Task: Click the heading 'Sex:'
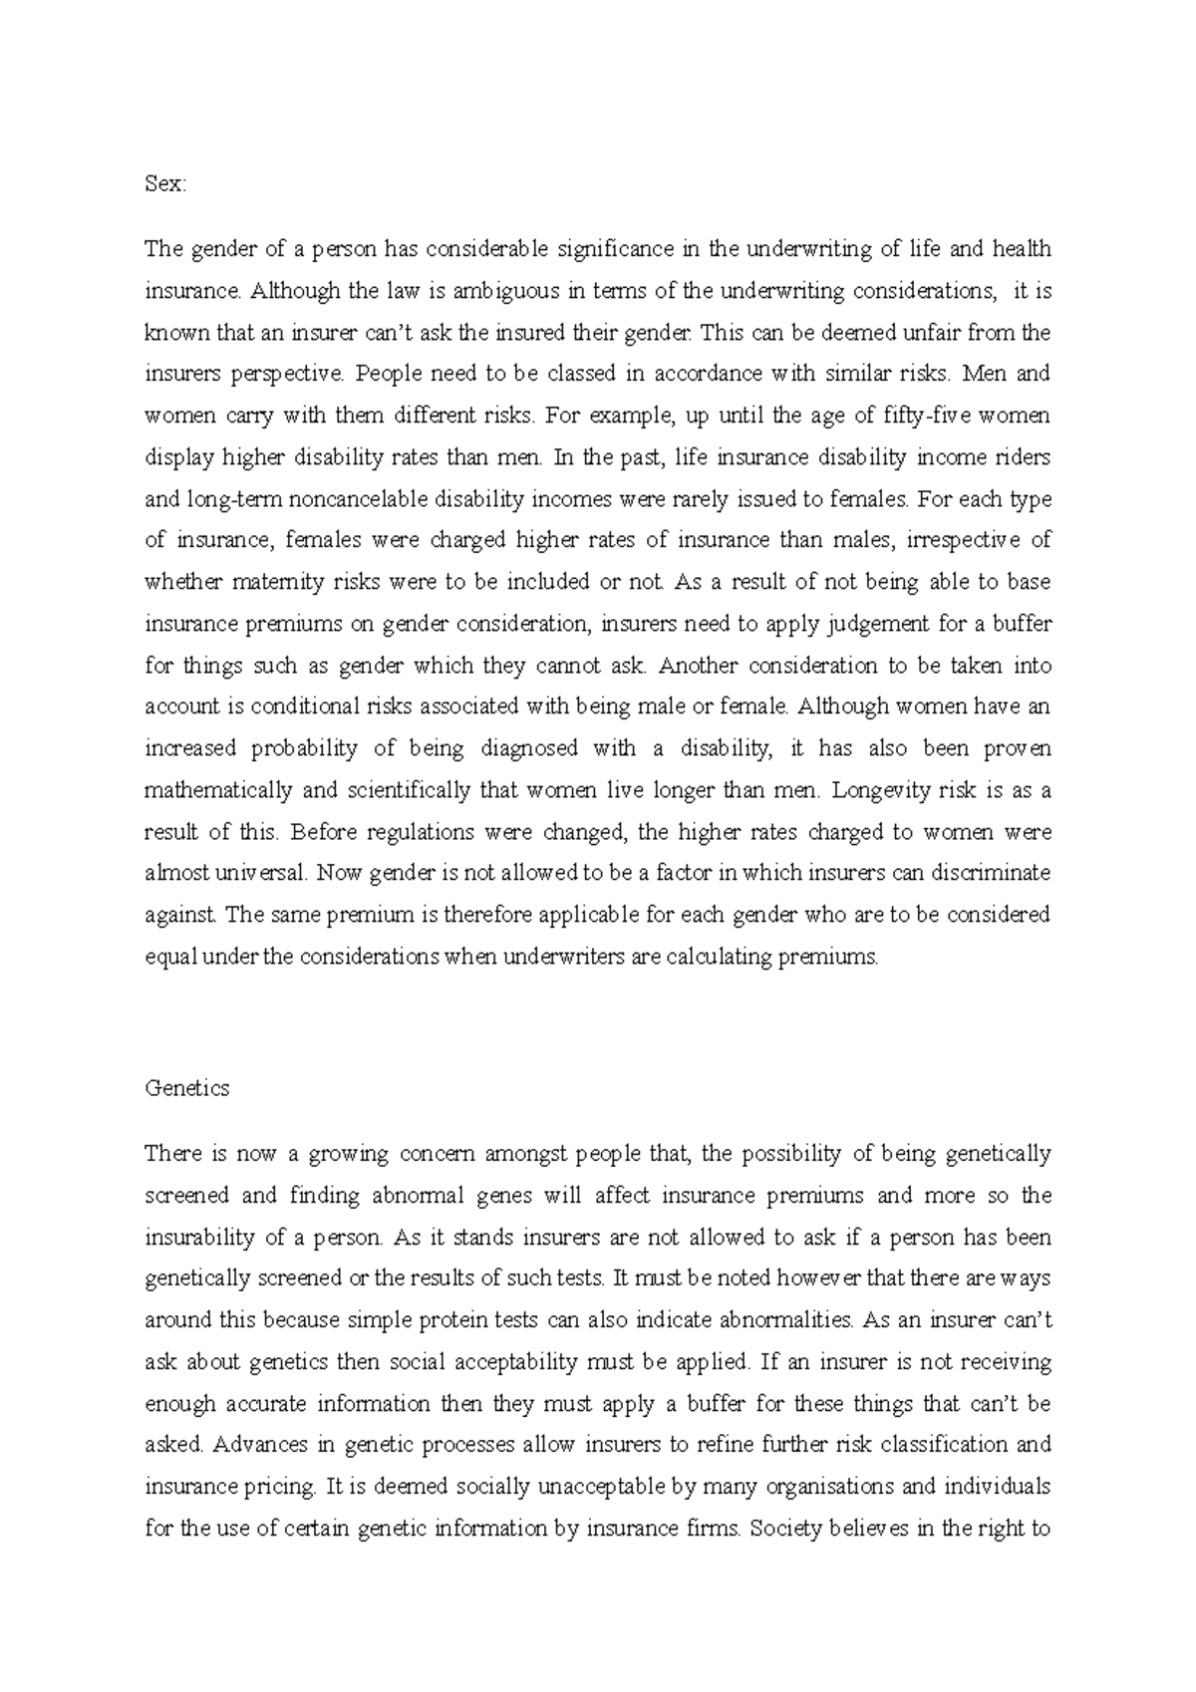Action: (164, 184)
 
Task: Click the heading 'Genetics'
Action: (186, 1088)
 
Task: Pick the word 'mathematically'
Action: (218, 791)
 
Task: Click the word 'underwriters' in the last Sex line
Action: (558, 958)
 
